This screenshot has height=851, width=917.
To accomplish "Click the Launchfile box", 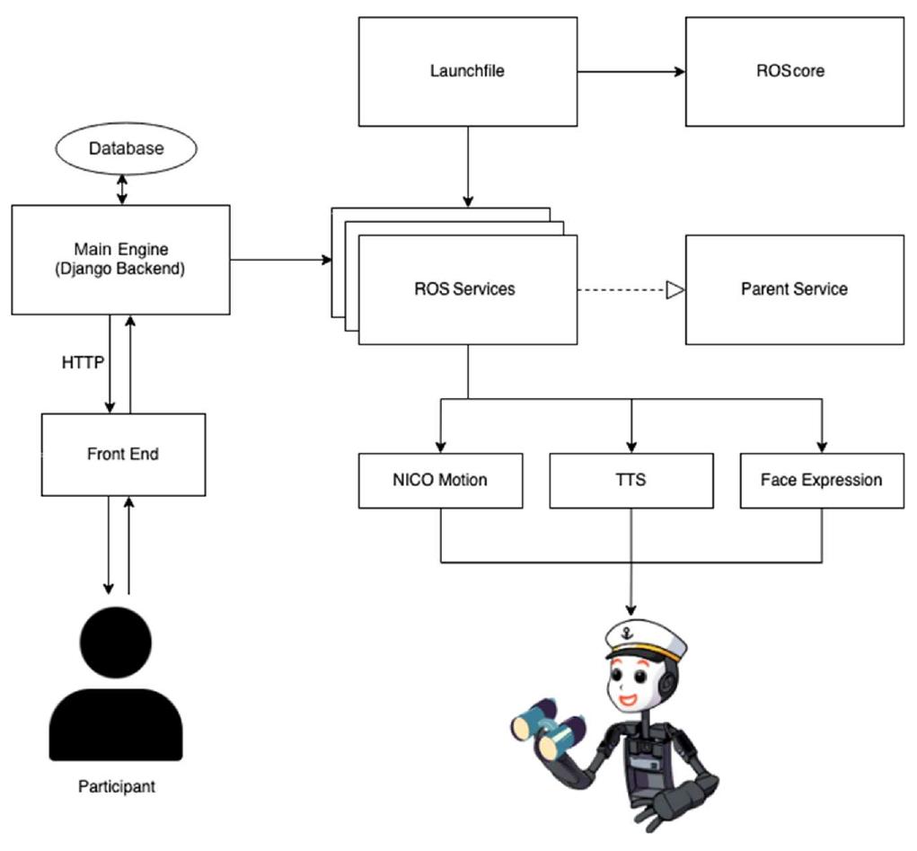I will pos(467,71).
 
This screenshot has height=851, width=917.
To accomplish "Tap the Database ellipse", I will pos(126,148).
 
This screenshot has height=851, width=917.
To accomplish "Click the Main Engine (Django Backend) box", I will pos(120,259).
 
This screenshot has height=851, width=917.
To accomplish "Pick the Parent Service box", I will pos(795,289).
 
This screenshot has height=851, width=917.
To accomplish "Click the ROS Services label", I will pos(464,289).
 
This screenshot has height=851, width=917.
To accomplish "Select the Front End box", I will pos(123,454).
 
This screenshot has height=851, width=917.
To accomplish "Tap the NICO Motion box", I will pos(440,480).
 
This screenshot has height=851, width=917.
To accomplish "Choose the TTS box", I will pos(631,480).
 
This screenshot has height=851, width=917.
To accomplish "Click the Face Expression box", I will pos(821,480).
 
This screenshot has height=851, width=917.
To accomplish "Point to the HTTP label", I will pos(82,363).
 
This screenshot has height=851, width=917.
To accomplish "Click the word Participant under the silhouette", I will pos(116,786).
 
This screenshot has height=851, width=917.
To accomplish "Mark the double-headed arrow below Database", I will pos(123,188).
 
